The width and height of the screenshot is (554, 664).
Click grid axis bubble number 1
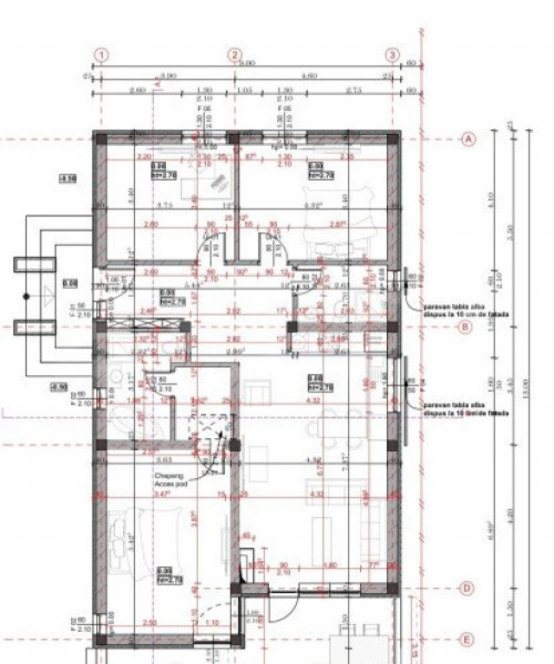click(101, 55)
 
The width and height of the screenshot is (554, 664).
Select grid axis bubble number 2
click(235, 55)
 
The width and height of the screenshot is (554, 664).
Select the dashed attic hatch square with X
click(210, 431)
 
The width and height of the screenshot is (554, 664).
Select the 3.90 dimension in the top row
click(168, 76)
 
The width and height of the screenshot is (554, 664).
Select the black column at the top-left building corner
click(101, 138)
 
